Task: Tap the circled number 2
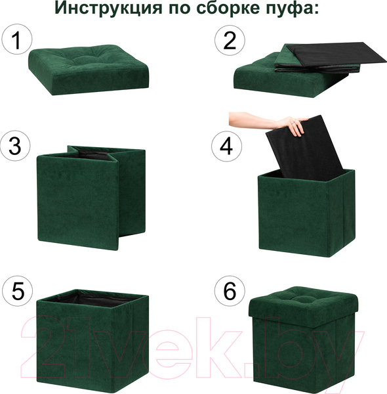pos(229,41)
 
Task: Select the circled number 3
pos(16,146)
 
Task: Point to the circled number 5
pos(16,290)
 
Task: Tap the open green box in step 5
pos(92,341)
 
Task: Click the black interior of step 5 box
pos(92,299)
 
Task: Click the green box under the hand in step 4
pos(305,217)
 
